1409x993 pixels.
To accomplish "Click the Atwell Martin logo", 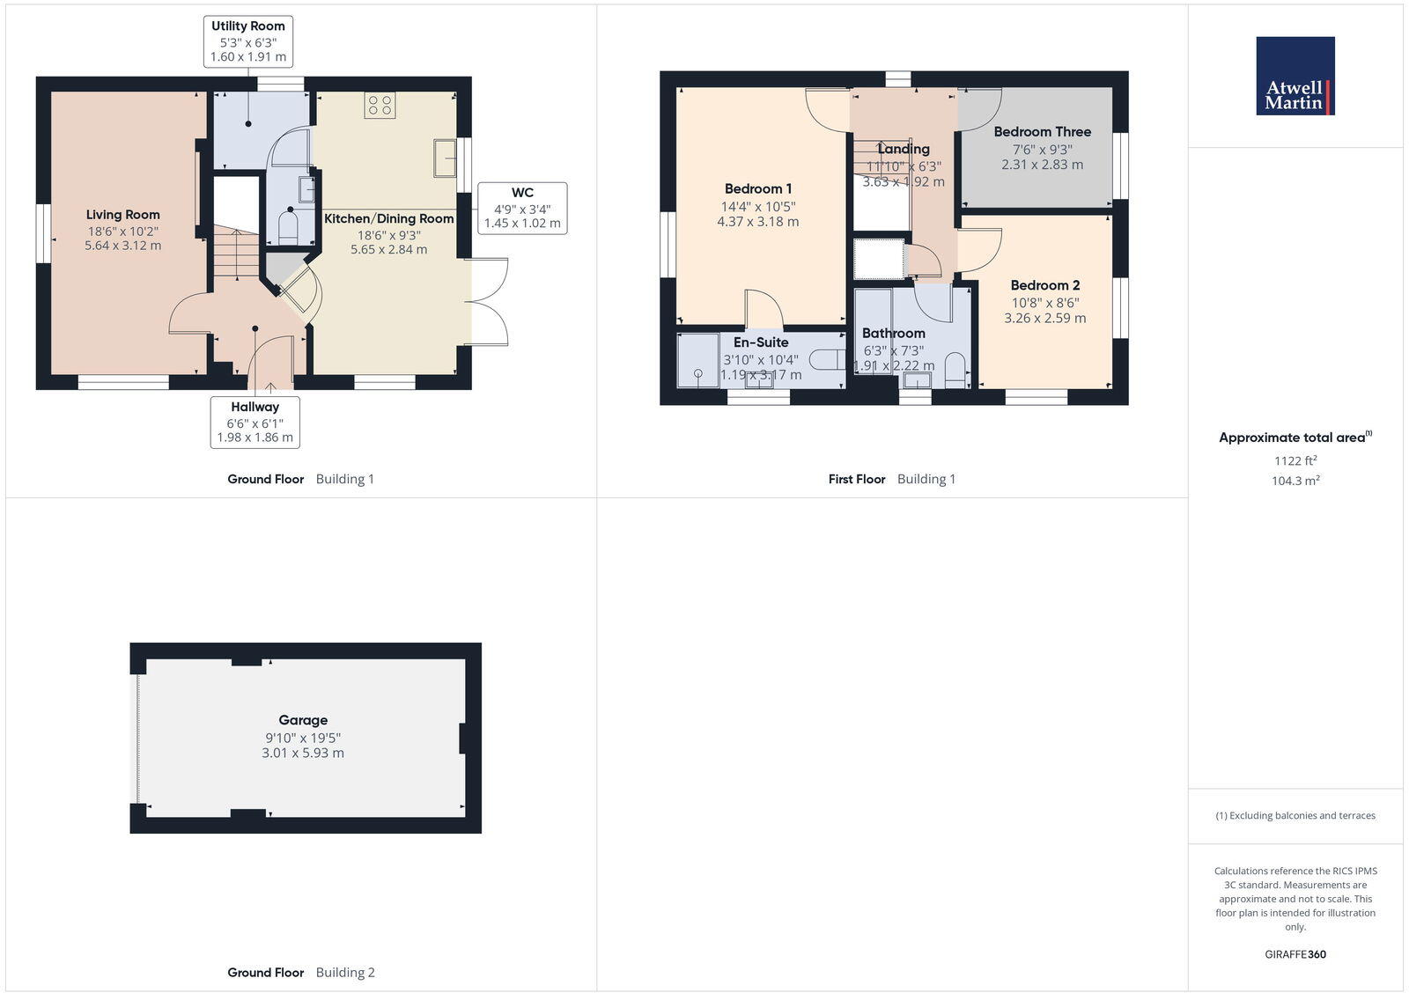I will click(1295, 76).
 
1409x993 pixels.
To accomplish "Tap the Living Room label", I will click(122, 215).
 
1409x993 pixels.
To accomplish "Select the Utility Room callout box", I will click(247, 41).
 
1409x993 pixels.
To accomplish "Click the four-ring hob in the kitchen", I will click(380, 106).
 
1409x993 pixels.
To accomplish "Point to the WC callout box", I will click(522, 208).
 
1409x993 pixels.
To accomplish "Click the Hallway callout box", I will click(255, 422).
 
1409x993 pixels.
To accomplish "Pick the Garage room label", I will click(303, 720).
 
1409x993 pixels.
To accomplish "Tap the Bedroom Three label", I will click(1042, 132).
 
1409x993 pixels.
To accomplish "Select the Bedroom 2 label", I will click(1044, 285).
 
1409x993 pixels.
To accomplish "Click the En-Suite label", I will click(761, 342).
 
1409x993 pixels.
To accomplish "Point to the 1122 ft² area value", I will click(1295, 460).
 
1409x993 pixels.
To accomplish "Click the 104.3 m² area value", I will click(1295, 481).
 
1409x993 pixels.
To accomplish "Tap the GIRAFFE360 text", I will click(1295, 954).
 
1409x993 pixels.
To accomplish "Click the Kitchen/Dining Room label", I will click(388, 218).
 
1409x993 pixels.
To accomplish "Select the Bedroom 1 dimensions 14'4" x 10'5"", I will click(757, 206).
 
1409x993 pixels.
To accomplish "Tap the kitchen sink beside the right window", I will click(445, 159).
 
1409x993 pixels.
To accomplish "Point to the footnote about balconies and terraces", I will click(1295, 815).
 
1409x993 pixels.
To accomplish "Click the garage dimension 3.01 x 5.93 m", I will click(303, 754).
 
